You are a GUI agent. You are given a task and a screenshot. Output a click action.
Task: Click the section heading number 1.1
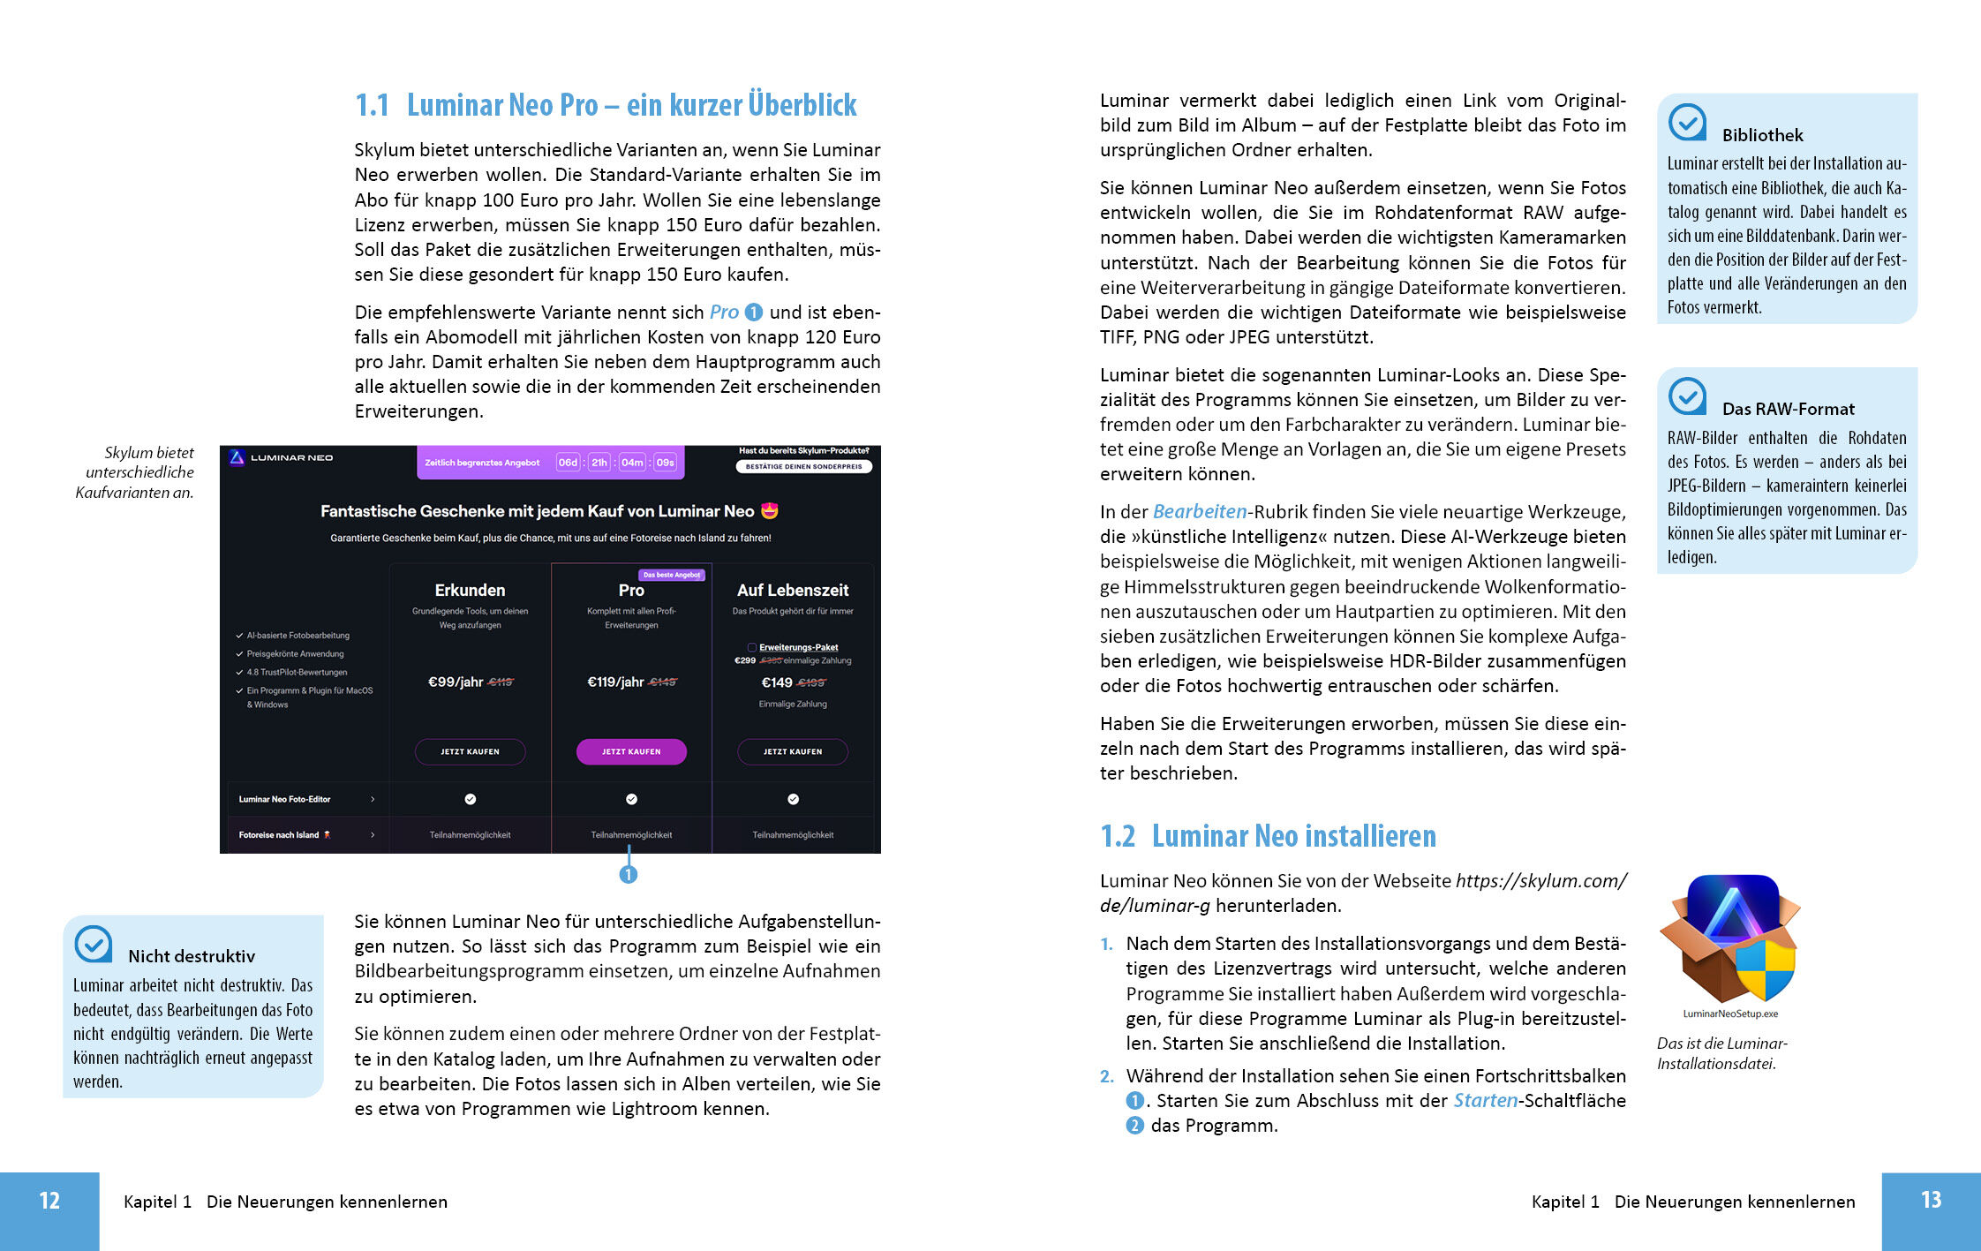coord(372,106)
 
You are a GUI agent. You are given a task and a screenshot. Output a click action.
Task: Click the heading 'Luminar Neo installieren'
coord(1293,836)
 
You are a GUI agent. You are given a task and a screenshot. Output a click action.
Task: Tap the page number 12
coord(49,1201)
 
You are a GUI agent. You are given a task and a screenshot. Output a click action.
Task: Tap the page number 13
coord(1931,1200)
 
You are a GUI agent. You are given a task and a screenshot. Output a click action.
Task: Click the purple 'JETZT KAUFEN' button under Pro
coord(631,751)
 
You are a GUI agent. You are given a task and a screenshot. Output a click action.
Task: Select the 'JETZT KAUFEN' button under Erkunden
coord(470,751)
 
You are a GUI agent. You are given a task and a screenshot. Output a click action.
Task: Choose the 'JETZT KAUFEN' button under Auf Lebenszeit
coord(793,751)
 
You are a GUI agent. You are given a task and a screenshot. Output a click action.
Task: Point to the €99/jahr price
coord(456,682)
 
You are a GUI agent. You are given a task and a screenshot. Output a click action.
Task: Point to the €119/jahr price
coord(616,682)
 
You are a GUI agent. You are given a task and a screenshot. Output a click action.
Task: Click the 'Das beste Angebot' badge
coord(671,575)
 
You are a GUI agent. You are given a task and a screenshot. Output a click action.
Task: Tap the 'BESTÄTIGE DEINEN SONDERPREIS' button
coord(803,466)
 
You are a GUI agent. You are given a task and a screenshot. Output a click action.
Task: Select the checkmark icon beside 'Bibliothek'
coord(1687,123)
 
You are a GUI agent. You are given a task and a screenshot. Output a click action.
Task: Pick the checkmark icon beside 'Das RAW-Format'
coord(1687,396)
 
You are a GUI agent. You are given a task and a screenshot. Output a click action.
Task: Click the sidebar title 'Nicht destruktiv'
coord(192,956)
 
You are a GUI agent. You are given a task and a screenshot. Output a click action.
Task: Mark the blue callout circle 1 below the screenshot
coord(629,874)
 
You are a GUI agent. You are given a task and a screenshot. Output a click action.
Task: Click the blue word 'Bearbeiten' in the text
coord(1200,512)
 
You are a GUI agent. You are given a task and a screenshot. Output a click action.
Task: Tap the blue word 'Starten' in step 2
coord(1485,1101)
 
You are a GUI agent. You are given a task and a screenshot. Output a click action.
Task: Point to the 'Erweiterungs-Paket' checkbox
coord(752,647)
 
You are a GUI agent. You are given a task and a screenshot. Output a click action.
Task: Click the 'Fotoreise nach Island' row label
coord(279,835)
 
